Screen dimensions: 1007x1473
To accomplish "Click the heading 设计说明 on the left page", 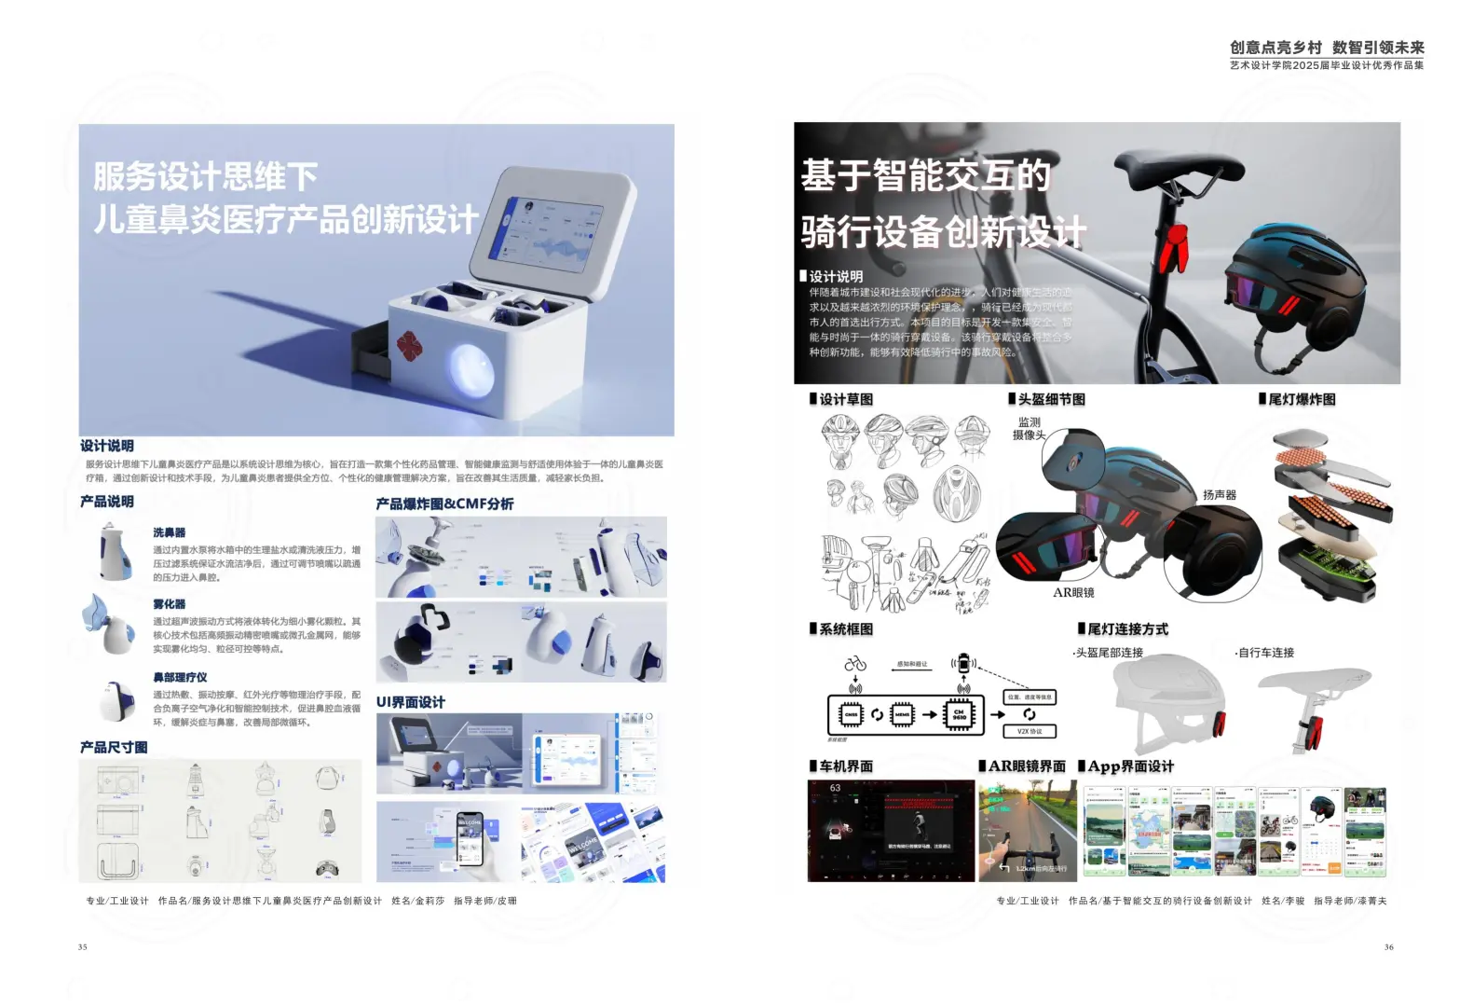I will pyautogui.click(x=107, y=446).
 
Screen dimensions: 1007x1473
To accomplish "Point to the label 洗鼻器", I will pyautogui.click(x=170, y=532).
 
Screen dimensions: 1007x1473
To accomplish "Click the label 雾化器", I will pyautogui.click(x=170, y=604).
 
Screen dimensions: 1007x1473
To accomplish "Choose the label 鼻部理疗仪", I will pyautogui.click(x=180, y=677).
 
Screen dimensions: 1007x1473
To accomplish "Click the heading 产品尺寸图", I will pyautogui.click(x=114, y=748).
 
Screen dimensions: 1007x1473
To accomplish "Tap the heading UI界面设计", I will pyautogui.click(x=411, y=702).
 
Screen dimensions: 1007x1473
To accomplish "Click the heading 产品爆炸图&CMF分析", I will pyautogui.click(x=444, y=504).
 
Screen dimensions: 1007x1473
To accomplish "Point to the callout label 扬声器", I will pyautogui.click(x=1219, y=495).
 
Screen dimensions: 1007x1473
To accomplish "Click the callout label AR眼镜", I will pyautogui.click(x=1073, y=593).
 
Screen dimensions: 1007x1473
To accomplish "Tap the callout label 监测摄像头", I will pyautogui.click(x=1030, y=429).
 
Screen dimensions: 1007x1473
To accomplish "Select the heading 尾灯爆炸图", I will pyautogui.click(x=1302, y=400).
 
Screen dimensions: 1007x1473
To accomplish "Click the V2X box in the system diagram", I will pyautogui.click(x=1029, y=732).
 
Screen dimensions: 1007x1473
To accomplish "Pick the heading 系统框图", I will pyautogui.click(x=846, y=629).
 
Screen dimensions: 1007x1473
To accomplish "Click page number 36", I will pyautogui.click(x=1388, y=947).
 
